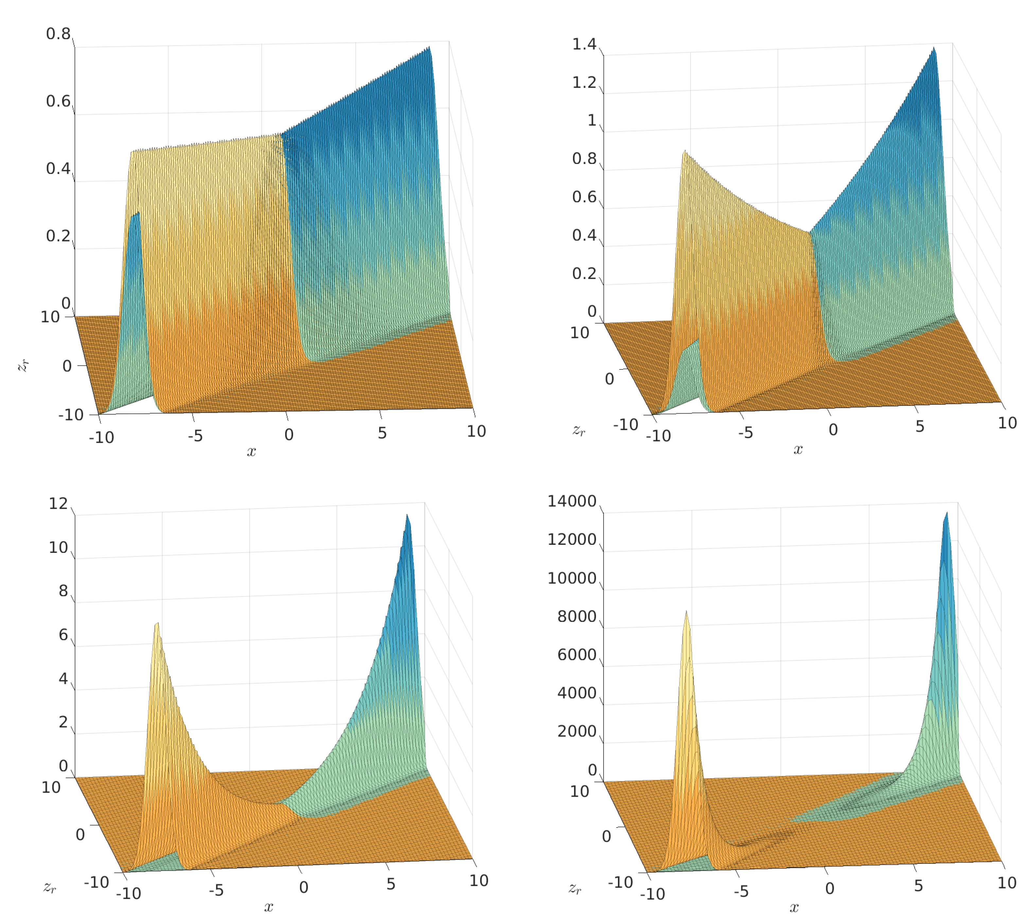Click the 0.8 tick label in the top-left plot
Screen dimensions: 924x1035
click(x=58, y=34)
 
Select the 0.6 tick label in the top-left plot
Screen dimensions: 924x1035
click(x=58, y=101)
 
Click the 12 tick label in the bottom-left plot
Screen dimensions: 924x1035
click(x=58, y=504)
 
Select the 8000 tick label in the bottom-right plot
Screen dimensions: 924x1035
click(x=577, y=617)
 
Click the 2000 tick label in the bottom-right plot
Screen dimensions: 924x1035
click(x=577, y=732)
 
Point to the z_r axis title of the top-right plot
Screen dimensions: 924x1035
click(x=579, y=431)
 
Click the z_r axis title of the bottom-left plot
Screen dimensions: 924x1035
click(x=50, y=887)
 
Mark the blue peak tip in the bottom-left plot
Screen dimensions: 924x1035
click(x=407, y=515)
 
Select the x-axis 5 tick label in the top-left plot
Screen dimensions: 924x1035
click(x=382, y=433)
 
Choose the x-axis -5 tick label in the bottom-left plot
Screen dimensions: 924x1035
click(x=216, y=890)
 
